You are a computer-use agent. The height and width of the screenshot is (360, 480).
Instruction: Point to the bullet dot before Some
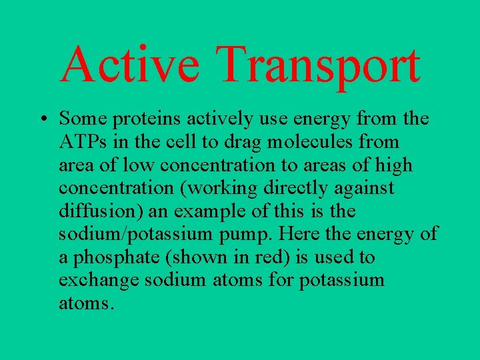pyautogui.click(x=42, y=119)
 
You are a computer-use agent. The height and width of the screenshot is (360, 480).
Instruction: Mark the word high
pyautogui.click(x=395, y=165)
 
